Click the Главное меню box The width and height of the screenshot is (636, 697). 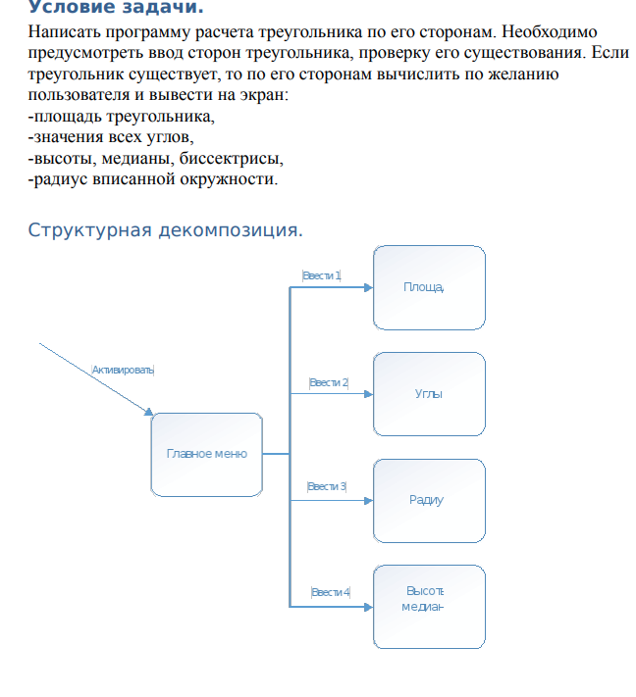[206, 454]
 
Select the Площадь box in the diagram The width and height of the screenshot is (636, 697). [429, 286]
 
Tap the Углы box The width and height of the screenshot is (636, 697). [429, 393]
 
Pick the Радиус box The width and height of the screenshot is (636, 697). [429, 500]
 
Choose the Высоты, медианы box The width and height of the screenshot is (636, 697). [429, 606]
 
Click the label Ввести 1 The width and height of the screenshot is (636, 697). [322, 275]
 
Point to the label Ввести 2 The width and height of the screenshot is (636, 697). [329, 382]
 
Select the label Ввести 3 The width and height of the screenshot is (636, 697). [327, 486]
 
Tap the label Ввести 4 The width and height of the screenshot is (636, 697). [330, 592]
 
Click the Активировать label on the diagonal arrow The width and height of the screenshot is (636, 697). [123, 370]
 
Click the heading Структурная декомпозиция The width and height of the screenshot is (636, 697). [165, 230]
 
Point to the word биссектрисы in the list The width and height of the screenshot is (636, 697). [240, 159]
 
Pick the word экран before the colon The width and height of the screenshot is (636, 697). [261, 96]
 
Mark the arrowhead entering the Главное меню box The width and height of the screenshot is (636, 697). [149, 412]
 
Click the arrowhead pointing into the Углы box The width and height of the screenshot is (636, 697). [368, 394]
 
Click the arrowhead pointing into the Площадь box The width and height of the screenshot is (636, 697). [368, 288]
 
